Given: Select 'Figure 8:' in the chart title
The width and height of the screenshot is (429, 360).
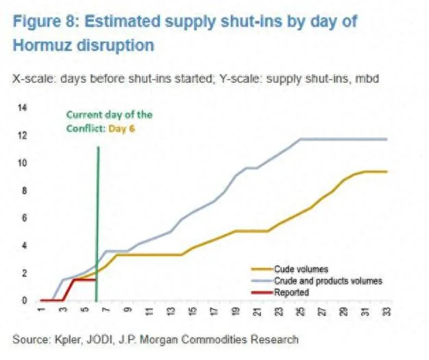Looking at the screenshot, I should [x=45, y=21].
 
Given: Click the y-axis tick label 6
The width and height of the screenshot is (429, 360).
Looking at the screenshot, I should [x=24, y=218].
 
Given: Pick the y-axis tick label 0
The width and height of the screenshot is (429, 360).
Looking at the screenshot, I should [x=24, y=300].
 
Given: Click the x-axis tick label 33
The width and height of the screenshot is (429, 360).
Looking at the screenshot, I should [x=387, y=313].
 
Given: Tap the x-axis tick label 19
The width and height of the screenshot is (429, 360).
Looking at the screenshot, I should [x=236, y=313].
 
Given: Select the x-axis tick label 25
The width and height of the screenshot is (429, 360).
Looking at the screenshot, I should [x=300, y=313].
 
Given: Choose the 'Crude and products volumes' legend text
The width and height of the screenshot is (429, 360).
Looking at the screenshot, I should [x=328, y=280].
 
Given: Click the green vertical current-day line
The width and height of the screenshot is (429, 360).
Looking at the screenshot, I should [x=98, y=206].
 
